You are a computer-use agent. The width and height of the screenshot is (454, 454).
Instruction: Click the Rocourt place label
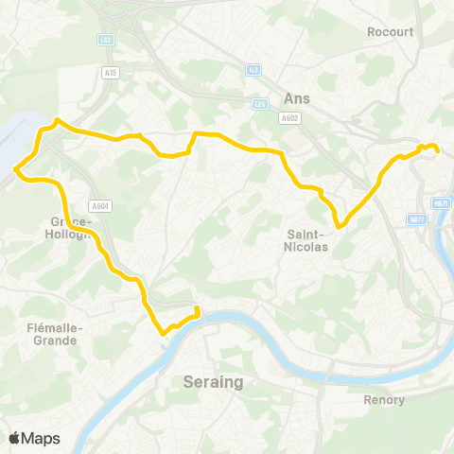tap(391, 31)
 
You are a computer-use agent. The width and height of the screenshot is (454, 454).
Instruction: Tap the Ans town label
tap(297, 97)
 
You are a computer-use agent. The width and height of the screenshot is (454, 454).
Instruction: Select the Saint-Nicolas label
tap(306, 239)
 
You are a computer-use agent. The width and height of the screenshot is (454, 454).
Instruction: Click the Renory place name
tap(384, 399)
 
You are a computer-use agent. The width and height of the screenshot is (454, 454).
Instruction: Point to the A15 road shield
tap(111, 71)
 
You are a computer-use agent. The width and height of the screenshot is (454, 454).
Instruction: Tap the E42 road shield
tap(106, 40)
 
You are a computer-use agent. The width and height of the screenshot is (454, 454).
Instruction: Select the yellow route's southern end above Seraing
tap(198, 309)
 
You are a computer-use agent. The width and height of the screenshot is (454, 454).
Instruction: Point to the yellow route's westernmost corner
tap(16, 170)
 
